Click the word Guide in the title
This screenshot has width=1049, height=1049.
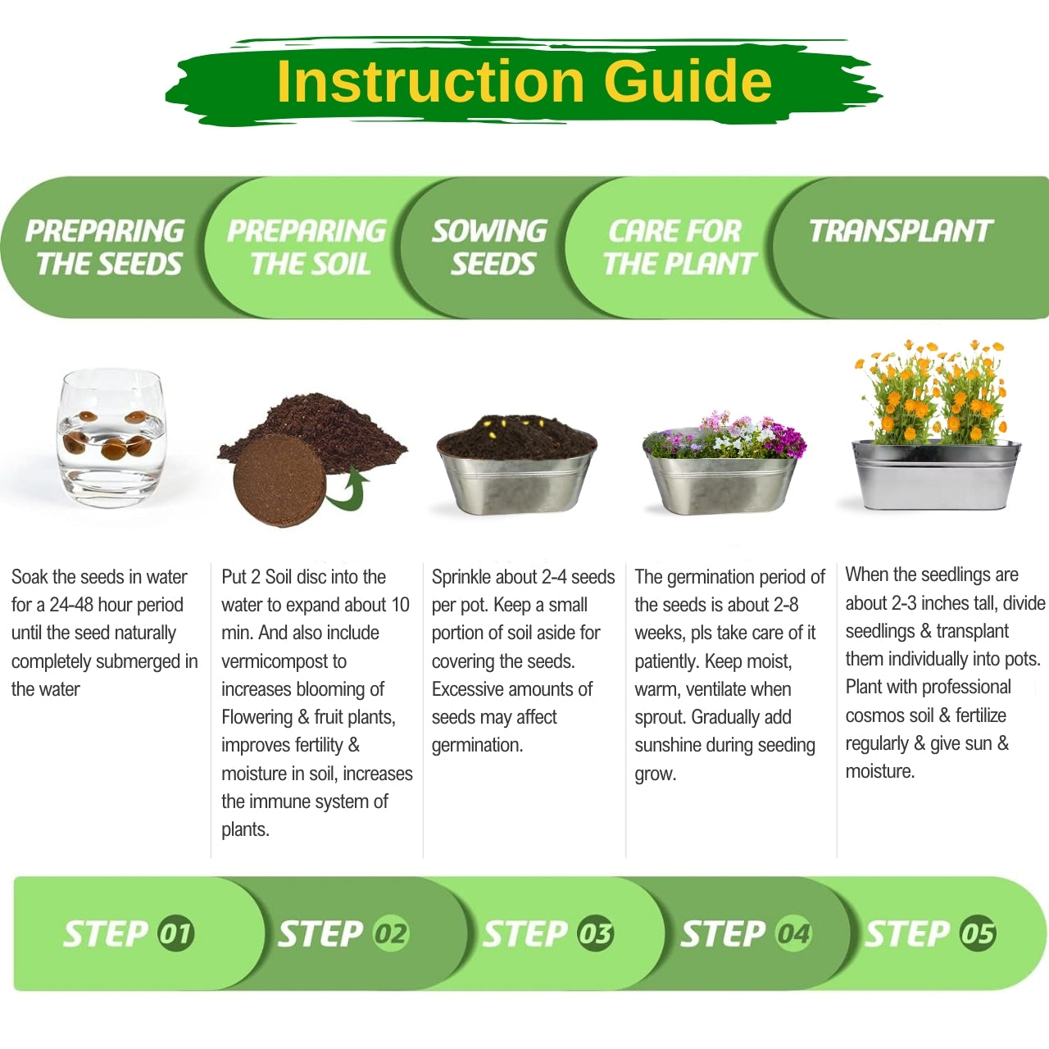point(688,82)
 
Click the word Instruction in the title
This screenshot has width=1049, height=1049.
point(430,82)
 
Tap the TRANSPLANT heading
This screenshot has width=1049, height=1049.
point(901,231)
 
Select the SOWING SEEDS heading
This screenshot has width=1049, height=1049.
point(490,247)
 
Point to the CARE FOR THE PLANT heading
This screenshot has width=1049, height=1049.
point(679,247)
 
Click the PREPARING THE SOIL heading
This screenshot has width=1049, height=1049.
point(307,247)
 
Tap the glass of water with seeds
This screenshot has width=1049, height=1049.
point(111,438)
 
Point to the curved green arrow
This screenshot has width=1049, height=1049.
point(348,489)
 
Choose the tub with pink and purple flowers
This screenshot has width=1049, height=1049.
point(723,463)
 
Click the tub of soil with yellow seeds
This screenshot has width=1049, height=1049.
point(516,465)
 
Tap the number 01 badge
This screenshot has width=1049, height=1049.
point(176,933)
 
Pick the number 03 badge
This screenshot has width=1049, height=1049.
point(596,933)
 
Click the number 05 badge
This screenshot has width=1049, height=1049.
point(978,933)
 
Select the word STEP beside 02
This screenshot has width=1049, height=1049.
point(320,933)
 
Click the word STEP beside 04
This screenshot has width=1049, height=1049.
point(723,933)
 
